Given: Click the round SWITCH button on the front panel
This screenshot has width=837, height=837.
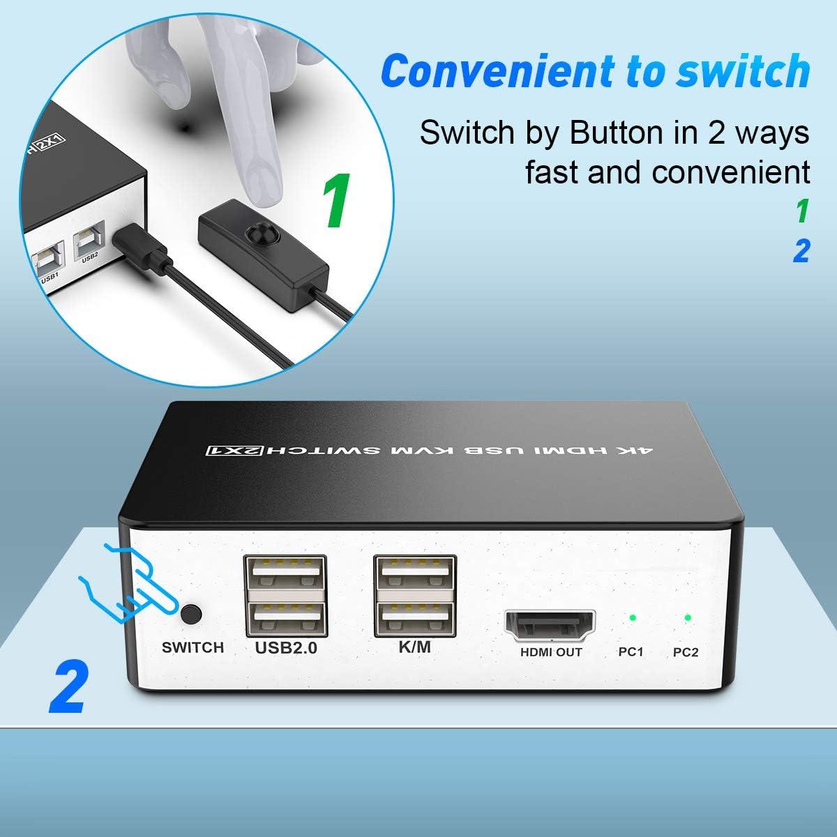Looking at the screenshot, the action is point(192,614).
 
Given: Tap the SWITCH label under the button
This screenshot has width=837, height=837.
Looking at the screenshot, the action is point(193,647).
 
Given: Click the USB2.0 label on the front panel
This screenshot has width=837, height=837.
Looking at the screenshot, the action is point(286,647).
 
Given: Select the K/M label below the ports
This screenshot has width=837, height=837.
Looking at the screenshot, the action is point(415,647).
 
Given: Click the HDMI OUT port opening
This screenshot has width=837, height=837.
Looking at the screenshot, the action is point(550,626).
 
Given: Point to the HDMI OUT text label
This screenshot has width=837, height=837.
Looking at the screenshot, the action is point(551,652).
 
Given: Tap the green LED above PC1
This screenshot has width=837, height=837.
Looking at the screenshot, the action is point(632,617).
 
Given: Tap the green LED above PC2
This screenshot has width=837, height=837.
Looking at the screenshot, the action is point(687,617).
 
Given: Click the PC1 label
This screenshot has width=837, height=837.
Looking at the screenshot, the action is point(631,652).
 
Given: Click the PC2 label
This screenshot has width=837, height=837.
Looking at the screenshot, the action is point(686,652).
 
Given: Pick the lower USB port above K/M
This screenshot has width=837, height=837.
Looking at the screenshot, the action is point(415,619).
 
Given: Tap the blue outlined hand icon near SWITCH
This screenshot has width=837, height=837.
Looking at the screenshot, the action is point(129,581).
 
